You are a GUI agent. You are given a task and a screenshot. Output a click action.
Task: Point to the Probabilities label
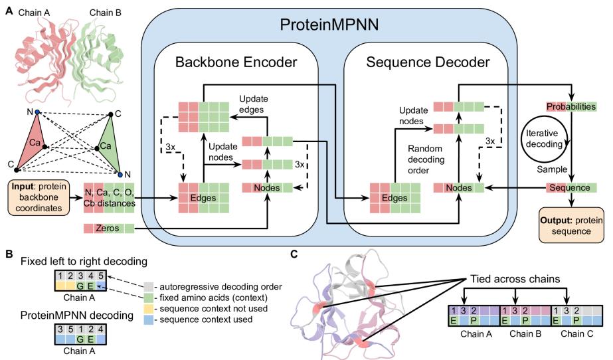(570, 106)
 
